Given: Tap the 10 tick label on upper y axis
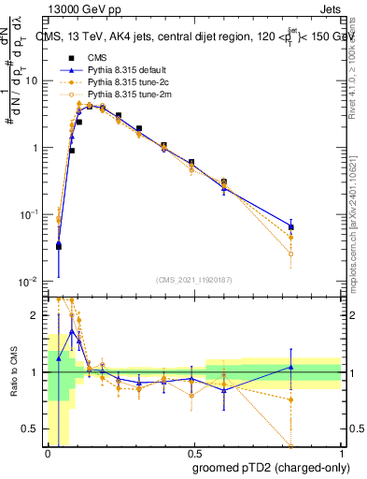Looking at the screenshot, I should pos(31,80).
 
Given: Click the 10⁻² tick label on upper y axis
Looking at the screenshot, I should pos(28,282).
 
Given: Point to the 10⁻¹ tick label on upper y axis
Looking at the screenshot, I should pos(28,214).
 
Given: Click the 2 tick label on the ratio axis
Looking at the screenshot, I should pos(35,315).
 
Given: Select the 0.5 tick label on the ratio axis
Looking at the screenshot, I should pos(31,429).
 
